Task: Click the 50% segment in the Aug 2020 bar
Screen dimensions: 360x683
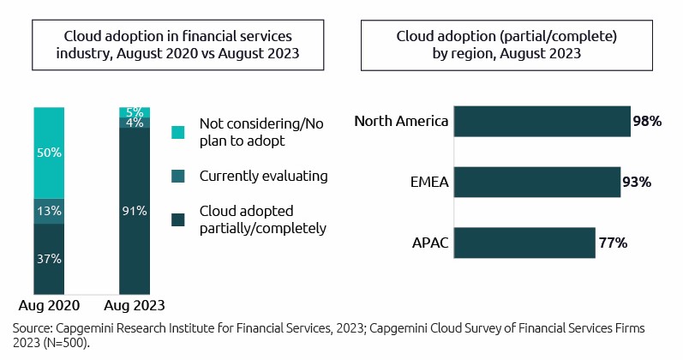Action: click(49, 153)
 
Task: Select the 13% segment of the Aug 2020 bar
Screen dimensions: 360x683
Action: click(49, 211)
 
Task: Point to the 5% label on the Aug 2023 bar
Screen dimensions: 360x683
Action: click(135, 111)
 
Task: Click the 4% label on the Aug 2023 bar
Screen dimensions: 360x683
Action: click(135, 123)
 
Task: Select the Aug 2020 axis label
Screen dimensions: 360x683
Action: click(49, 305)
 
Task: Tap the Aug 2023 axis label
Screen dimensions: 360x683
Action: click(135, 305)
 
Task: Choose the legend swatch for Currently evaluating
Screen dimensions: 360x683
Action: click(177, 176)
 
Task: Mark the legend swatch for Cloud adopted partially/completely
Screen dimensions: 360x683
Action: click(177, 220)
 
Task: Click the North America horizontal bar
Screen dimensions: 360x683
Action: click(542, 121)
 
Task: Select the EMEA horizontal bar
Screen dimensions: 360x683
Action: click(536, 182)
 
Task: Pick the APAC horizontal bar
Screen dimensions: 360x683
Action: click(524, 243)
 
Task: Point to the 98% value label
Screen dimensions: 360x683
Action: click(647, 122)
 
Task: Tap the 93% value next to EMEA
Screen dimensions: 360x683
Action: click(637, 183)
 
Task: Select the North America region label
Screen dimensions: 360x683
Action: click(401, 121)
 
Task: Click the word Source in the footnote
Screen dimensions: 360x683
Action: click(33, 328)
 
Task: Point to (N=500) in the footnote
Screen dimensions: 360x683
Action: click(65, 342)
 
